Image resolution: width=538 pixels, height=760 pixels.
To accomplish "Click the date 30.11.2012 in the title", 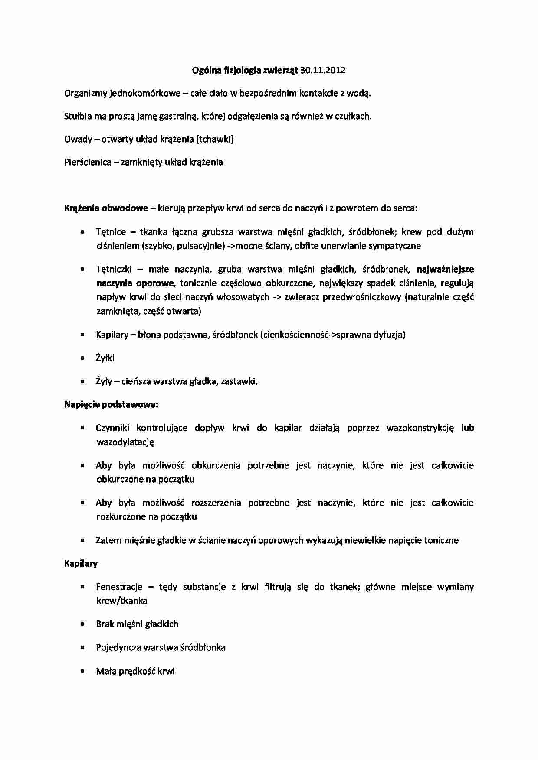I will click(322, 70).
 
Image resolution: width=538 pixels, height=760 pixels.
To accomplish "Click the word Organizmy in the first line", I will click(85, 93).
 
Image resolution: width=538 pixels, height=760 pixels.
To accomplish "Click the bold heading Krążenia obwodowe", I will click(106, 208).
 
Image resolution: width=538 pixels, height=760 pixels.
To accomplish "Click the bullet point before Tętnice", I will click(82, 232).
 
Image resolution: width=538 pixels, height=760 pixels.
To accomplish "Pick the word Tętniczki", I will click(113, 270).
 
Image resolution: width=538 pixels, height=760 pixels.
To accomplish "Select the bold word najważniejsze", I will click(445, 270).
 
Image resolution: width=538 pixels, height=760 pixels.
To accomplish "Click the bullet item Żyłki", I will click(105, 358).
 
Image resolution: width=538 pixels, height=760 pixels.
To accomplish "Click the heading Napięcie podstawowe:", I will click(111, 404).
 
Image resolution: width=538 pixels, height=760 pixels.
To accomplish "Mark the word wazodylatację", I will click(125, 442).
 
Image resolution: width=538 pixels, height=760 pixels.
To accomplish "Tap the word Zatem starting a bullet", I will click(108, 540).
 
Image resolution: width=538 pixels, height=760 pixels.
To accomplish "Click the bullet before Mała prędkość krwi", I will click(82, 671).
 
